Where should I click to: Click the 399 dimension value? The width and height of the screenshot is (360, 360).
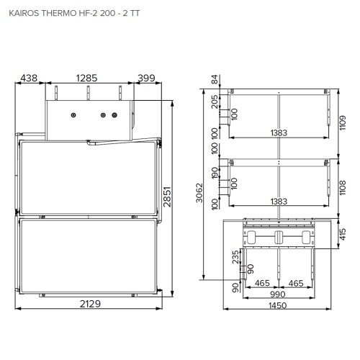[x=146, y=77]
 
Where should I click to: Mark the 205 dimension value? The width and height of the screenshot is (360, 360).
[x=215, y=102]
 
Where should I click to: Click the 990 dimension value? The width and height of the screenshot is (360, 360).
[x=278, y=295]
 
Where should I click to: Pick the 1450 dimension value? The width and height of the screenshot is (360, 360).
[x=278, y=305]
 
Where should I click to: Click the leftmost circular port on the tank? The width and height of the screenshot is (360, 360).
[x=73, y=115]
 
